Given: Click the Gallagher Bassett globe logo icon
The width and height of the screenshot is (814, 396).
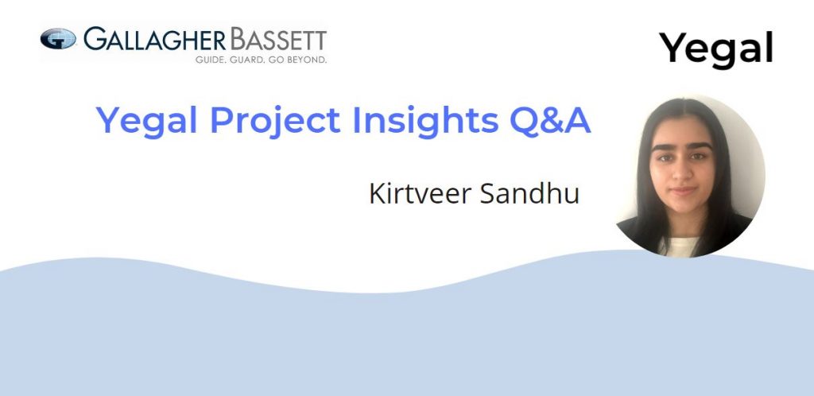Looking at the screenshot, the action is [58, 39].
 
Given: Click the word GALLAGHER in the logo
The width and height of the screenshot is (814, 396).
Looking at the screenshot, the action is [155, 40].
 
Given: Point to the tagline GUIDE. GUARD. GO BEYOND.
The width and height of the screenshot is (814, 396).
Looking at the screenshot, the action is [261, 60].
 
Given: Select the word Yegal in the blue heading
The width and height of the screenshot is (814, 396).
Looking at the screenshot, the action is [147, 122].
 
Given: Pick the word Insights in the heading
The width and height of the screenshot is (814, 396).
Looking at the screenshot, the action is [424, 122].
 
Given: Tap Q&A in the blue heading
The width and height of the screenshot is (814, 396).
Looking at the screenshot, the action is [550, 121].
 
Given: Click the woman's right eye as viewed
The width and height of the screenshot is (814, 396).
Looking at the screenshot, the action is [697, 156].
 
